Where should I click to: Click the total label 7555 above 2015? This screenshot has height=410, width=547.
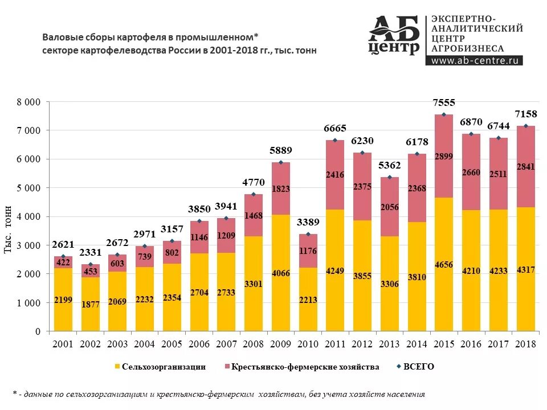(444, 103)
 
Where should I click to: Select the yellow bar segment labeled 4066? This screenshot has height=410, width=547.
(281, 273)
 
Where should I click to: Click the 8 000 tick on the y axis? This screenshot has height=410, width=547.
(28, 102)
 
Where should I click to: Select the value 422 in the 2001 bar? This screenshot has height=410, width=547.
(63, 263)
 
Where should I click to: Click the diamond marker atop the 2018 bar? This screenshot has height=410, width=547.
(526, 126)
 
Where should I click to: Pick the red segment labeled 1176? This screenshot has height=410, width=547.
(308, 251)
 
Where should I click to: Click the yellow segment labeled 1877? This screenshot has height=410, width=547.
(91, 305)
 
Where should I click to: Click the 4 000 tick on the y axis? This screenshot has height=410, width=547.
(28, 217)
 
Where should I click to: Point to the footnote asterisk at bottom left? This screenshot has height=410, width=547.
(14, 393)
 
